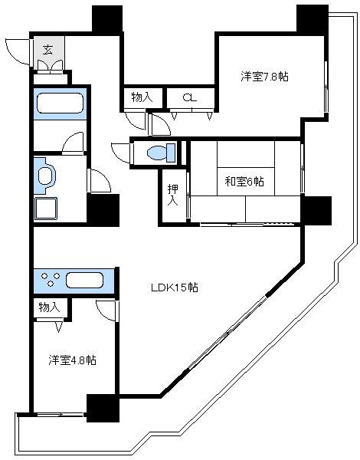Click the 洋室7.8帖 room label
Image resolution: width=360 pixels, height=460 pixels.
click(264, 77)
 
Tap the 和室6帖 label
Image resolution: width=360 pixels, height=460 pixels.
click(244, 182)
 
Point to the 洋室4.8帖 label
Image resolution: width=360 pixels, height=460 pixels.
click(73, 360)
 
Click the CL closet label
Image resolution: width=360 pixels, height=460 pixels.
click(189, 97)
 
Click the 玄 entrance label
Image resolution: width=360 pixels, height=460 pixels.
click(47, 51)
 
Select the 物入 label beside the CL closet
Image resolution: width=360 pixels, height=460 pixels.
click(141, 97)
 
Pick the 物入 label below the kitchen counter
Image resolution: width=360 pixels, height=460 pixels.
click(48, 307)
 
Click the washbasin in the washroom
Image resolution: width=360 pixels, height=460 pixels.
click(44, 176)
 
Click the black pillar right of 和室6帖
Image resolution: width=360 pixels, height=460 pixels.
click(316, 209)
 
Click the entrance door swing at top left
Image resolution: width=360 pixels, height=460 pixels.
click(17, 51)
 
